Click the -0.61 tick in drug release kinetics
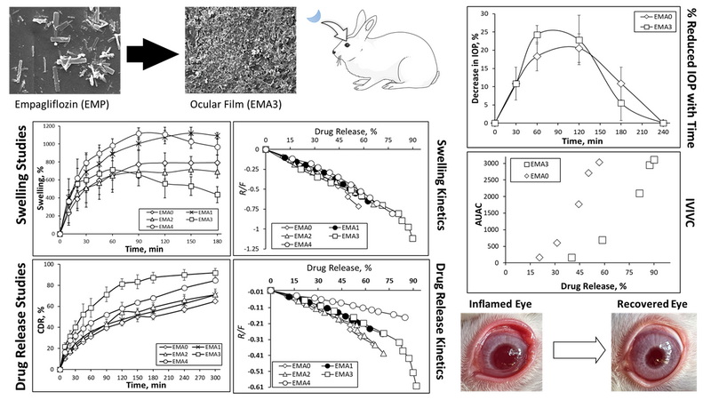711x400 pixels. (x=253, y=387)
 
